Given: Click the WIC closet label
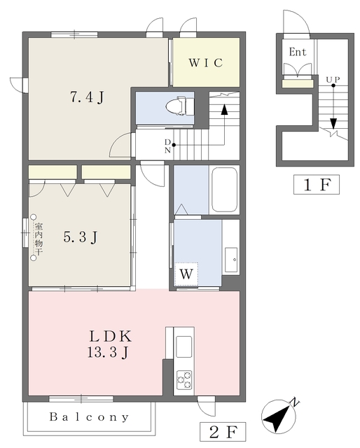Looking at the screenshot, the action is [x=206, y=62].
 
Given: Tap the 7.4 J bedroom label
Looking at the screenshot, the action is [x=87, y=97].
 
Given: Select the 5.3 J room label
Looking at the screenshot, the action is [x=81, y=237].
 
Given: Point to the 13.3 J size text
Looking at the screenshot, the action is [x=108, y=352].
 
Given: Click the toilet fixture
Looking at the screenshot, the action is [x=180, y=106].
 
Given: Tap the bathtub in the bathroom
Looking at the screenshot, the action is [x=224, y=189].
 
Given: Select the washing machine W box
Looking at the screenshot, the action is [x=186, y=274].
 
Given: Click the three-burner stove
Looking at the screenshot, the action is [x=184, y=379].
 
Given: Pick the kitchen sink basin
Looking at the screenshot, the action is [x=184, y=346].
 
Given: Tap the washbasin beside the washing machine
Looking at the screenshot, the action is [x=231, y=260].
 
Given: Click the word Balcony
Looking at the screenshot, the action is [x=89, y=417].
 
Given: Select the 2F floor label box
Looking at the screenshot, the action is [x=223, y=432].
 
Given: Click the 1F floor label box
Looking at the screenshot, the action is [x=317, y=185].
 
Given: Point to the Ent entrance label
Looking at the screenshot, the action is [x=298, y=52].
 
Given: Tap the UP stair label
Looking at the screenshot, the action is [x=333, y=79].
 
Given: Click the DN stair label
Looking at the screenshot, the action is [x=167, y=146].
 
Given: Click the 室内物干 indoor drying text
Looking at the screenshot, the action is [x=39, y=239].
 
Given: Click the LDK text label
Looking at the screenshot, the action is [x=111, y=336].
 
